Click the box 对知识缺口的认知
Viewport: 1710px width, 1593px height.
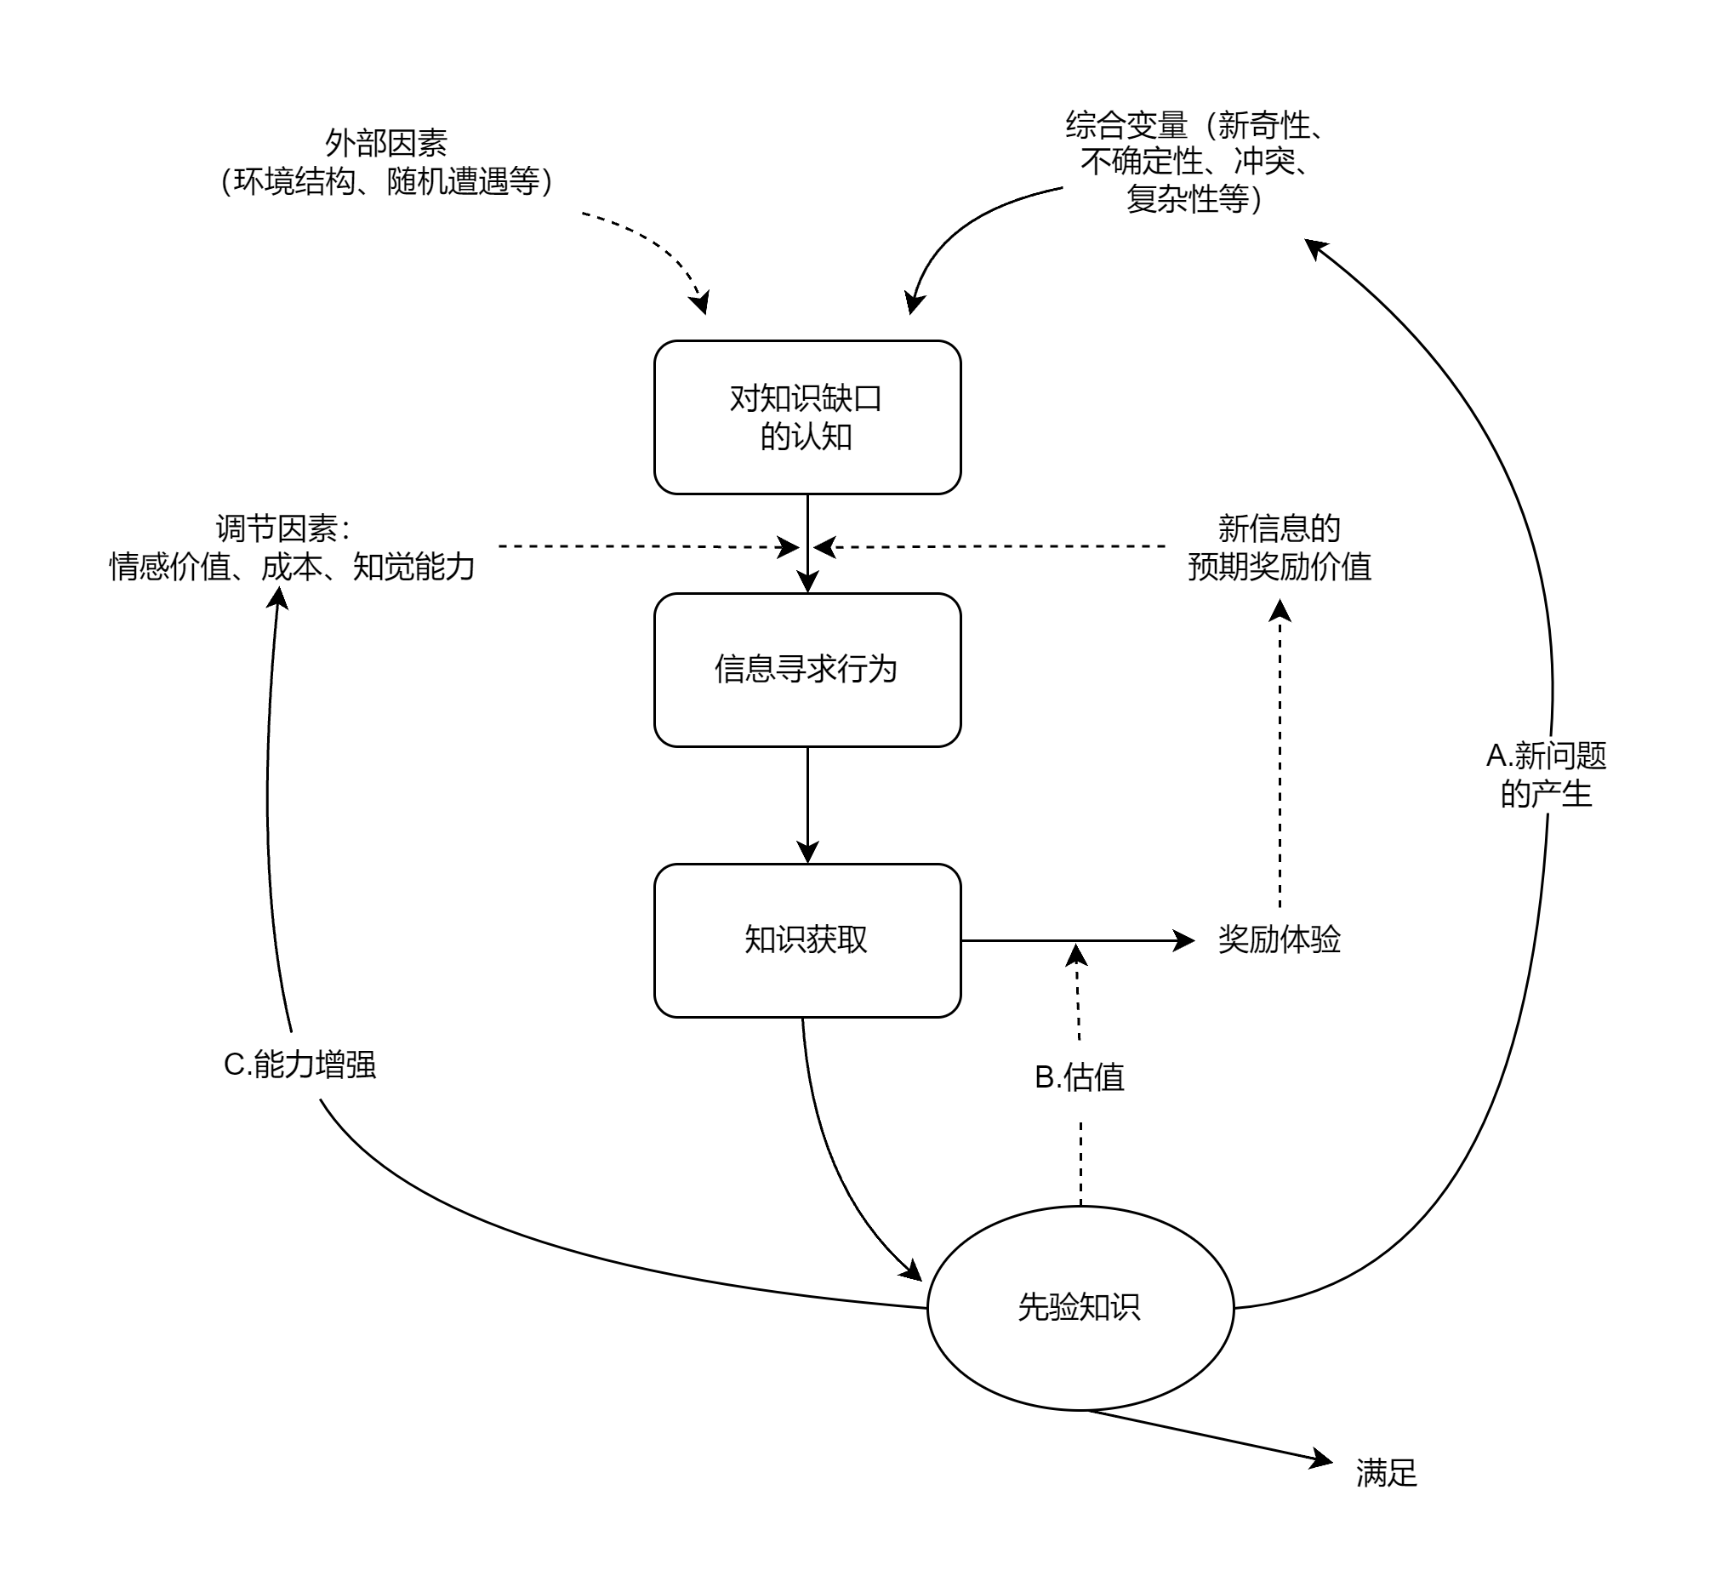807,417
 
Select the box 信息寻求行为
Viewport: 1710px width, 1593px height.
807,669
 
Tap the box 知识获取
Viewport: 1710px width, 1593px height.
807,940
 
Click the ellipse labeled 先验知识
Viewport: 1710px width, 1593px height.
1080,1307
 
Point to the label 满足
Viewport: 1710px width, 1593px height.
1386,1473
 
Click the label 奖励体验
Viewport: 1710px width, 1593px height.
1279,939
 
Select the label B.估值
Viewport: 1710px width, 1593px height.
1080,1077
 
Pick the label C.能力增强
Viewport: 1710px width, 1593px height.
299,1065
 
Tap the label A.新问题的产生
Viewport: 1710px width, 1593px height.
1546,775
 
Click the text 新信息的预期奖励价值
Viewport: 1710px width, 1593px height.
1279,548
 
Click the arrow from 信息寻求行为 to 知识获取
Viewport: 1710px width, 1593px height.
807,804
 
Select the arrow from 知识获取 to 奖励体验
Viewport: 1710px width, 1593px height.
1075,940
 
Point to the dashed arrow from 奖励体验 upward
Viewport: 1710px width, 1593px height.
1280,757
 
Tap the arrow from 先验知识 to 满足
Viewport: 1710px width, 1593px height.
1204,1436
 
